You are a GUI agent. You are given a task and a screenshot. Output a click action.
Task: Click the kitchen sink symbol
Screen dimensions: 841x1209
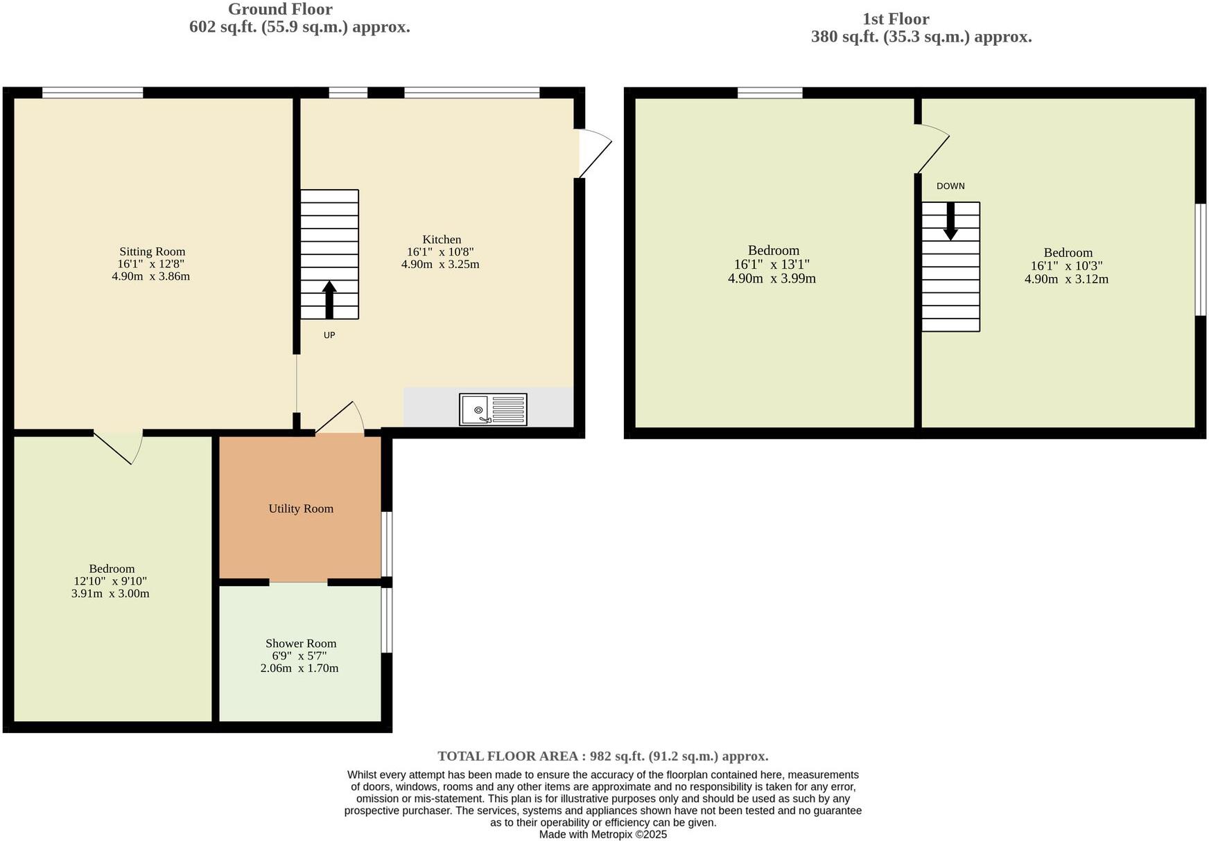tap(493, 409)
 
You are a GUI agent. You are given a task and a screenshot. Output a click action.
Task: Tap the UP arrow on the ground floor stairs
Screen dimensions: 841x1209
tap(329, 299)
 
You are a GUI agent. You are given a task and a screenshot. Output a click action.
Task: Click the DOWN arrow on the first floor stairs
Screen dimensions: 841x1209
tap(950, 221)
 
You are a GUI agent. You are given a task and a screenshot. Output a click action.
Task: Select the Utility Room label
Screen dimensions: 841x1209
tap(301, 508)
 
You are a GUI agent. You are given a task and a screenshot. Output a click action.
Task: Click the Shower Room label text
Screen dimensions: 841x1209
tap(301, 644)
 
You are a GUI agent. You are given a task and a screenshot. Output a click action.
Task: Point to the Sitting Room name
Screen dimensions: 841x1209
tap(152, 251)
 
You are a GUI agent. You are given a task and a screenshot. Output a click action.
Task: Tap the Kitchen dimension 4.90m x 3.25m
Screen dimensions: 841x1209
tap(440, 265)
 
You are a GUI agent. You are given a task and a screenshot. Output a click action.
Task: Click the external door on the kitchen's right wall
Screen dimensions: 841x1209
tap(595, 153)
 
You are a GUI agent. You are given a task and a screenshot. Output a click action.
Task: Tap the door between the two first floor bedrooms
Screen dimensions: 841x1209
tap(932, 149)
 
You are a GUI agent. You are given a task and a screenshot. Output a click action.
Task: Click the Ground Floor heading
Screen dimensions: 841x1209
tap(280, 10)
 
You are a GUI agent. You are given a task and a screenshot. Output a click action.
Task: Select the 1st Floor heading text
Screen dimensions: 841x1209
tap(896, 19)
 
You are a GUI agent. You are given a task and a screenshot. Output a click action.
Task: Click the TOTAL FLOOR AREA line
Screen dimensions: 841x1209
tap(602, 756)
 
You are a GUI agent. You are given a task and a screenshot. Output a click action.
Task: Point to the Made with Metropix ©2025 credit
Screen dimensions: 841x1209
tap(603, 835)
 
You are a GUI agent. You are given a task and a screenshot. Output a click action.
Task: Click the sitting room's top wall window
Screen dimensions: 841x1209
tap(92, 92)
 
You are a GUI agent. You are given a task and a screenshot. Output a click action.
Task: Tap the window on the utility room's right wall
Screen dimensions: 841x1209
tap(388, 544)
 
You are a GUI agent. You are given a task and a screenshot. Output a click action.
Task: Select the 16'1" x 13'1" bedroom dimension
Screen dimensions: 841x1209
tap(772, 265)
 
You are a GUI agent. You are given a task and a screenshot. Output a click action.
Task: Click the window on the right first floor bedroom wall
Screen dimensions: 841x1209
tap(1201, 260)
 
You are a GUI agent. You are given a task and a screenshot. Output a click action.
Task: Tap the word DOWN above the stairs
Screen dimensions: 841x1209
tap(950, 186)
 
